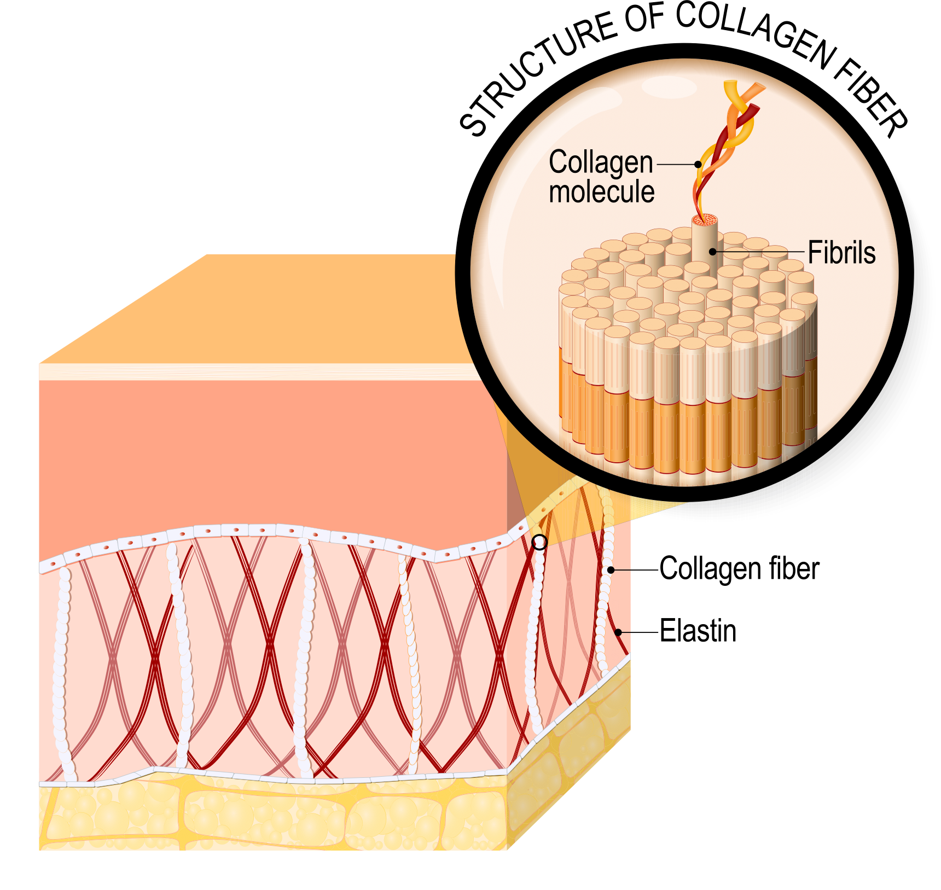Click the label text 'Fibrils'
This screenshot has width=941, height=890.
click(841, 253)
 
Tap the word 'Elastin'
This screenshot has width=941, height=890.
click(698, 631)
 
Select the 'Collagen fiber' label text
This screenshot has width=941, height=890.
click(739, 569)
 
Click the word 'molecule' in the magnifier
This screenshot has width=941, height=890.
click(601, 192)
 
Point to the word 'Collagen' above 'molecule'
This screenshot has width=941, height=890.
click(601, 162)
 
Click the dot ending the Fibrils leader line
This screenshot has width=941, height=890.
click(713, 252)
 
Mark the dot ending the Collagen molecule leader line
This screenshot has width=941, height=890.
click(698, 164)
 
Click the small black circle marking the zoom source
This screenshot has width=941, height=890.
click(539, 542)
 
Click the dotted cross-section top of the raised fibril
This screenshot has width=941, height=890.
click(705, 220)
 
